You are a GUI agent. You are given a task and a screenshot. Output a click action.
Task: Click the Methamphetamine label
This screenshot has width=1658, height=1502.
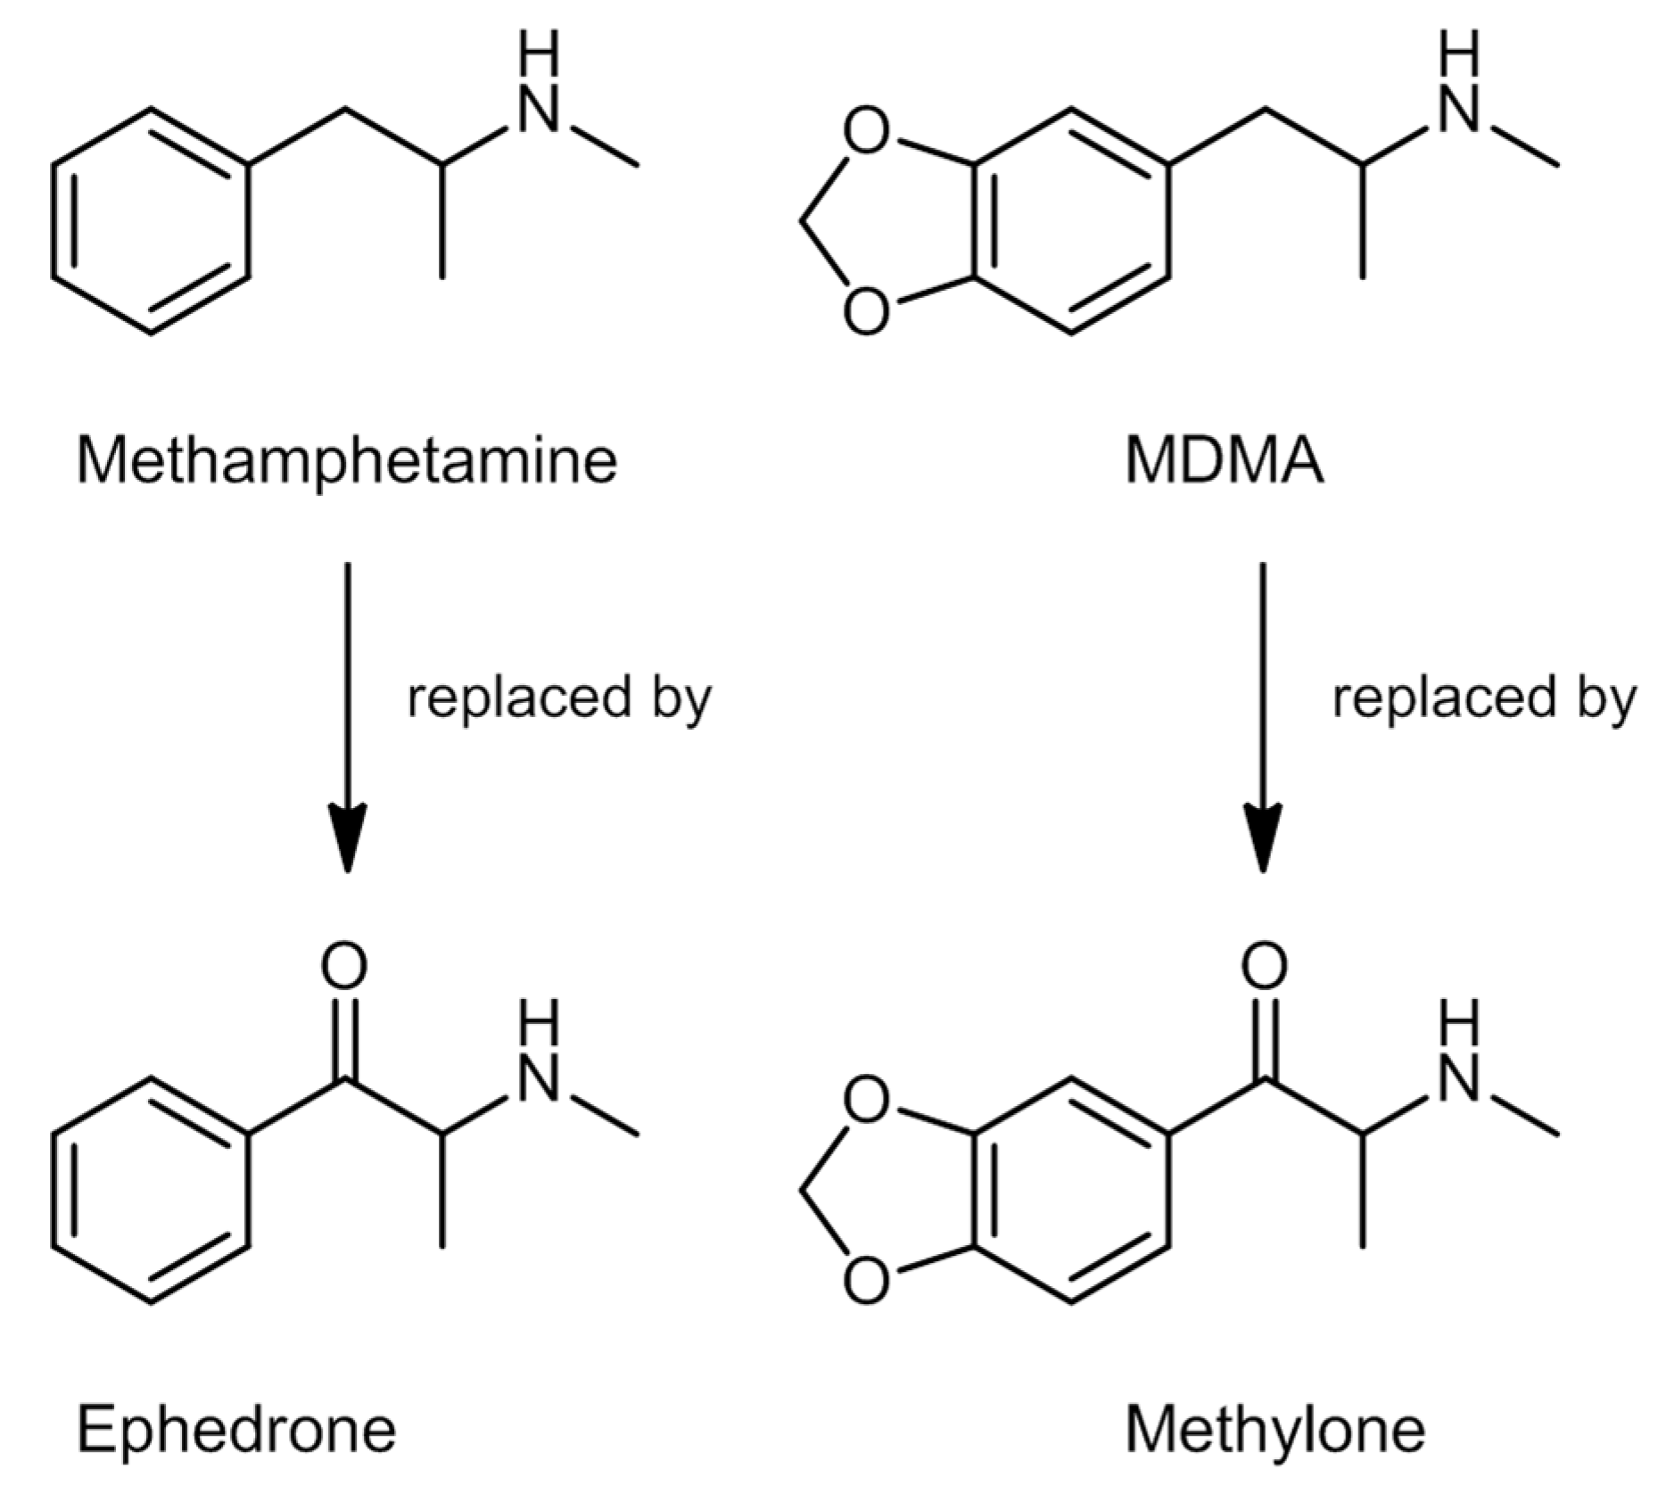pos(346,461)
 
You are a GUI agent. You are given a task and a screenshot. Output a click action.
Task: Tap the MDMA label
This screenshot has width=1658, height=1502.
pos(1224,461)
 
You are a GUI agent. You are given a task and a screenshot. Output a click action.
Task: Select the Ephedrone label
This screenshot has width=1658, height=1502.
pos(236,1429)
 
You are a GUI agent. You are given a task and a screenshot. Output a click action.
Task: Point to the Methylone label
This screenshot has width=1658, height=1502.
pos(1274,1429)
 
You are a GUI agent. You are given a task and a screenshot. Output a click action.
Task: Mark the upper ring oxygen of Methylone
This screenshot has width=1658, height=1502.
pos(865,1102)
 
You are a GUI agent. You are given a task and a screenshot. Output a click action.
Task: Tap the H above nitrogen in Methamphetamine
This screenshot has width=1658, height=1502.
pos(539,54)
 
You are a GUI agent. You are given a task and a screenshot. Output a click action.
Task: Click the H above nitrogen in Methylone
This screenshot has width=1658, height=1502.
pos(1459,1022)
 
